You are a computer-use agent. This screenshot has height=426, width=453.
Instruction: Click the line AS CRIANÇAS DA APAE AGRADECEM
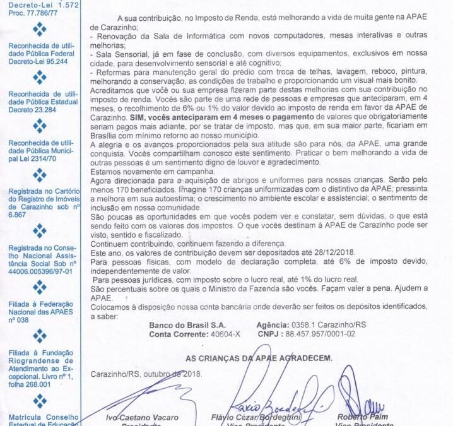pyautogui.click(x=259, y=358)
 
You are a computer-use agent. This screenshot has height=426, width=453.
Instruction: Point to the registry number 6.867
pyautogui.click(x=17, y=214)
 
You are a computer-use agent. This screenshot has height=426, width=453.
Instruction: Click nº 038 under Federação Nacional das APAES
pyautogui.click(x=20, y=319)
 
